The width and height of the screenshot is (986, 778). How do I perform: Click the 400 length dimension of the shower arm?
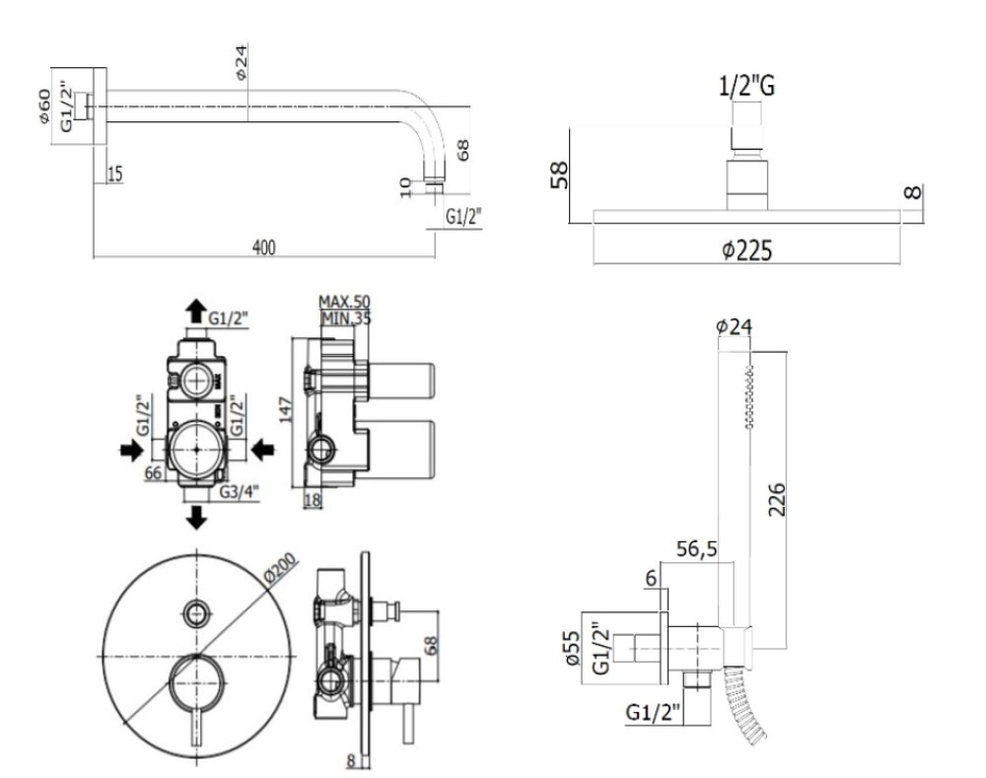(x=263, y=247)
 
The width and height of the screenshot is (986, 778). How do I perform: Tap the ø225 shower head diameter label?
(x=746, y=250)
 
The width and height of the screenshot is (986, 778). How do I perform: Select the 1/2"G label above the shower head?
(x=745, y=88)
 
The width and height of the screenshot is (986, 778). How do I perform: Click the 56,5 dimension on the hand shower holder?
(x=695, y=548)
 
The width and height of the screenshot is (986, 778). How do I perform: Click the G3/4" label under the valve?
(x=240, y=490)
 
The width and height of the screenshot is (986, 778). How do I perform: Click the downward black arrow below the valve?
(x=197, y=516)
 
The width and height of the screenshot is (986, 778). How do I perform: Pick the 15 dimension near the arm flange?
(x=115, y=175)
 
